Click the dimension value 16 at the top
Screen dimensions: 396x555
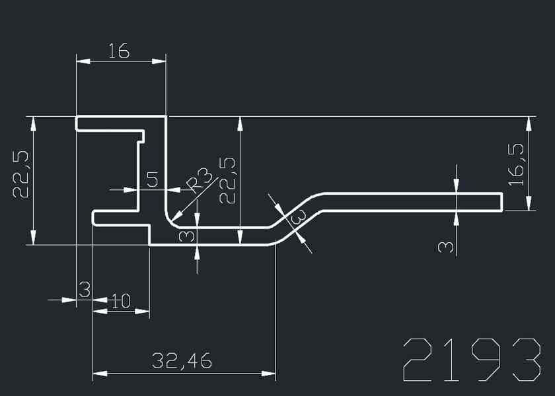(119, 51)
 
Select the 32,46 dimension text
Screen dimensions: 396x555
(181, 361)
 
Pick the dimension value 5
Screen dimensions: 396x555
(153, 180)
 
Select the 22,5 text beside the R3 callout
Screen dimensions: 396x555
(227, 181)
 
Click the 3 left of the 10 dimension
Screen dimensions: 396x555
(84, 288)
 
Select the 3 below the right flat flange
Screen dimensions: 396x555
(447, 247)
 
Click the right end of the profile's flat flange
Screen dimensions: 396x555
(502, 202)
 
